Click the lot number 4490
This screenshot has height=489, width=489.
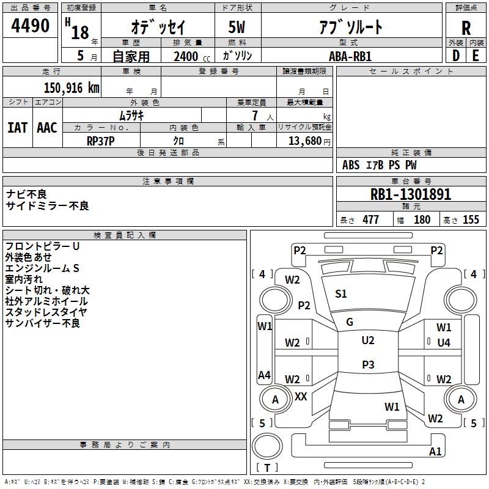pos(30,26)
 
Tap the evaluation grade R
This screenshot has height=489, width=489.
pos(466,28)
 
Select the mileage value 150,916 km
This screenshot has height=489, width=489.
pos(72,88)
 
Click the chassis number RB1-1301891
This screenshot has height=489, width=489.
pos(410,194)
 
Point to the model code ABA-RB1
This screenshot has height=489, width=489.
pos(350,56)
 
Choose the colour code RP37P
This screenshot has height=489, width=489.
pos(100,141)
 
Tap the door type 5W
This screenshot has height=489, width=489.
pos(237,27)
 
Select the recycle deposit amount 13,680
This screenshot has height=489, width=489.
pos(304,141)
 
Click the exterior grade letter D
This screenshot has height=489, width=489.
pos(455,56)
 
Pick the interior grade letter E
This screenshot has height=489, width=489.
pos(476,56)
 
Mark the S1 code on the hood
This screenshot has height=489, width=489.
pos(341,294)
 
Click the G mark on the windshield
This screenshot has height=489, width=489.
pos(350,322)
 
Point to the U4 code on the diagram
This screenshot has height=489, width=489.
pos(444,343)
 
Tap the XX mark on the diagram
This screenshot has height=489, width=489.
pos(301,396)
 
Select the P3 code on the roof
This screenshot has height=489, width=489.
pos(368,364)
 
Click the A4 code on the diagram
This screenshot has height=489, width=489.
pos(264,375)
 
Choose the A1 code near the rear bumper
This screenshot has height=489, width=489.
pos(435,451)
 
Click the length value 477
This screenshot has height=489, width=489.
pos(370,219)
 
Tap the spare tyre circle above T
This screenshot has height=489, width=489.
pos(267,446)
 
